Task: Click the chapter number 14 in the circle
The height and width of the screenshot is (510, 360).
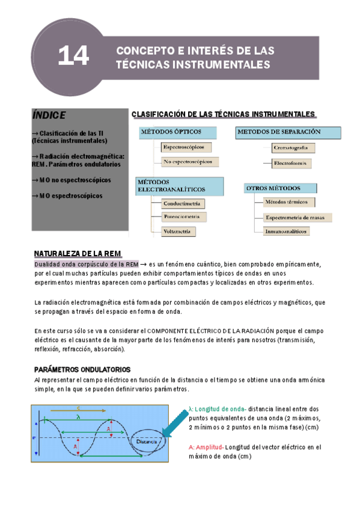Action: [x=73, y=57]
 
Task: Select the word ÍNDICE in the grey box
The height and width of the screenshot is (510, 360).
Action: [x=50, y=115]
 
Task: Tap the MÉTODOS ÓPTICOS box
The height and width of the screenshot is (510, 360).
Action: [x=180, y=131]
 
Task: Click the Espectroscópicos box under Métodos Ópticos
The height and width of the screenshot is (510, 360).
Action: [x=183, y=147]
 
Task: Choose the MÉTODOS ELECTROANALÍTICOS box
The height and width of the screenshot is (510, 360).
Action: [x=180, y=185]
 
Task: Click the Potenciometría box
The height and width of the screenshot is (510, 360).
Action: [x=185, y=217]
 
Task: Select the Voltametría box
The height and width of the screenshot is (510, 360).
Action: [x=179, y=230]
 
